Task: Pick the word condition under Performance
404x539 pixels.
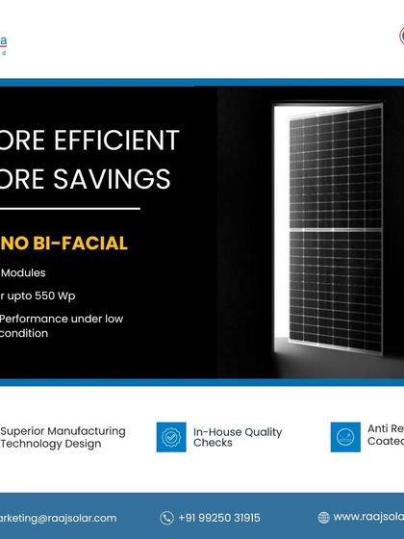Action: coord(30,333)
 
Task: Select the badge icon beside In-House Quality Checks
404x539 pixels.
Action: coord(171,438)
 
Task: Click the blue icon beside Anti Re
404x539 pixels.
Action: coord(344,437)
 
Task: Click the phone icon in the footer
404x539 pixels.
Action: coord(167,517)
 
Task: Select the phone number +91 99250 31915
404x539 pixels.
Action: coord(218,517)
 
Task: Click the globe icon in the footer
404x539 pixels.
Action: coord(323,517)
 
